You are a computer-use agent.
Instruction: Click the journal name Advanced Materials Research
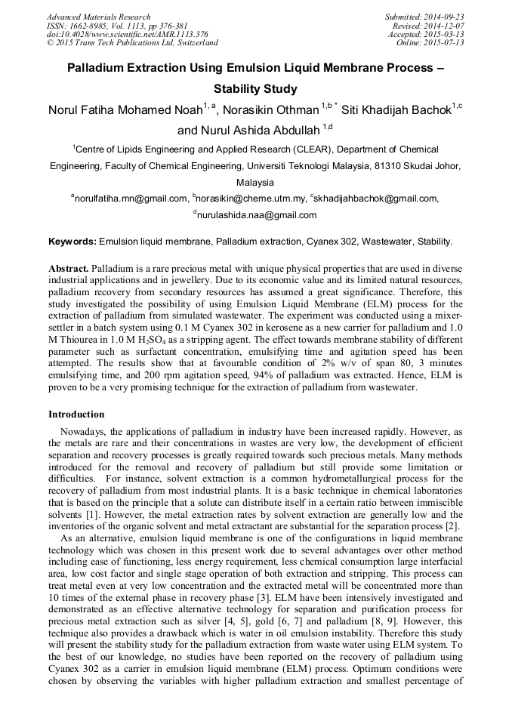98,17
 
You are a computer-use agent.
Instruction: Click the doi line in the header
127,34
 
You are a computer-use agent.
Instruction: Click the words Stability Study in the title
255,89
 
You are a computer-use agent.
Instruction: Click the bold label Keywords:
72,242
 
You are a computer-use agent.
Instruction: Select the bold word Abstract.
69,269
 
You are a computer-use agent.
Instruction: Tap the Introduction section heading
76,414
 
